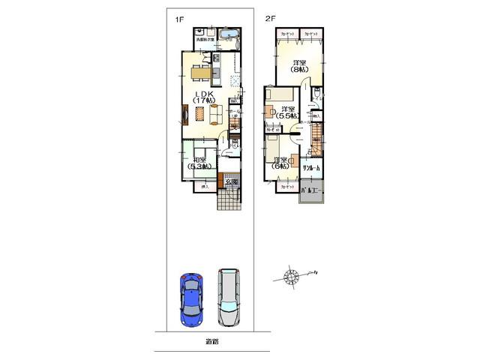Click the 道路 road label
[x=212, y=342]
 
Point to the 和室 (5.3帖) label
[x=199, y=166]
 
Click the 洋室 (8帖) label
[x=299, y=67]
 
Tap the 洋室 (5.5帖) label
[x=284, y=113]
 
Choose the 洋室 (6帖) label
[x=282, y=164]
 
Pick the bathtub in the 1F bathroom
[x=229, y=34]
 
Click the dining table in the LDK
[x=200, y=73]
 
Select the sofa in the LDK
[x=216, y=114]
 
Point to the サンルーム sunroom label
[x=311, y=169]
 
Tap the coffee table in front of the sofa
[x=199, y=113]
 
